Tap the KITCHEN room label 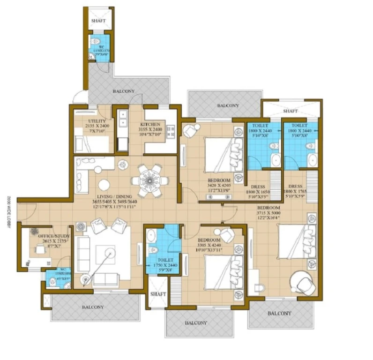(150, 124)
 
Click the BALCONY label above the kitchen (123, 91)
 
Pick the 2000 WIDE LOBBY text (9, 211)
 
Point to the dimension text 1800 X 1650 (258, 192)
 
